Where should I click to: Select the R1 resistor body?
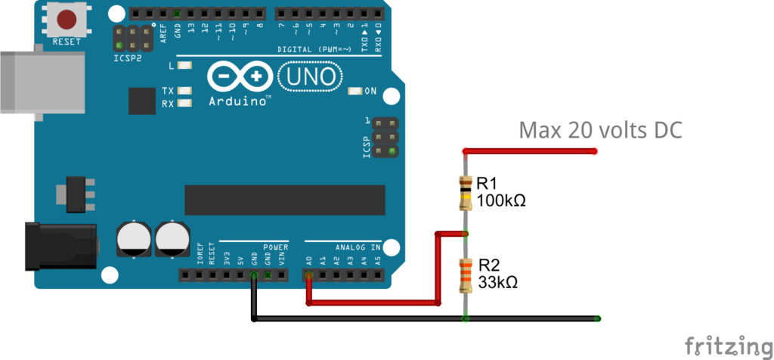[x=466, y=192]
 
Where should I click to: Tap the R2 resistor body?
[x=466, y=275]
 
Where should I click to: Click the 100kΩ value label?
[x=500, y=201]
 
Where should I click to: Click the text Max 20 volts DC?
[x=600, y=130]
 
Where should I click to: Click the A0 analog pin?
[x=309, y=275]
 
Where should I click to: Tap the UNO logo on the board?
[x=310, y=76]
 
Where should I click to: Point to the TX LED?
[x=183, y=92]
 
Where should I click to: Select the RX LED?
[x=183, y=103]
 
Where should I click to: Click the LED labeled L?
[x=183, y=66]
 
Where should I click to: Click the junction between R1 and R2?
[x=466, y=233]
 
